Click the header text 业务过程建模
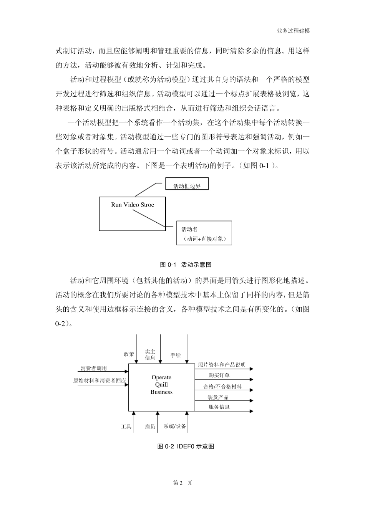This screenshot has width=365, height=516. tap(293, 31)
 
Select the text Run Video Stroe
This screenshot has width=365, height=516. tap(132, 205)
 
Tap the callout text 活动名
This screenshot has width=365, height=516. tap(189, 229)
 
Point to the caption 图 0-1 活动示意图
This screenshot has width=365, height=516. tap(186, 265)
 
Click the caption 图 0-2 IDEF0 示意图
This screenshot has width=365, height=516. tap(186, 446)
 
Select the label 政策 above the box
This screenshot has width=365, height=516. tap(129, 354)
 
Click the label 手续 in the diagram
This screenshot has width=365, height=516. tap(176, 355)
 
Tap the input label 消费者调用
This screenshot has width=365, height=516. tap(94, 368)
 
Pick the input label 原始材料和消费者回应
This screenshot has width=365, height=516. tap(100, 381)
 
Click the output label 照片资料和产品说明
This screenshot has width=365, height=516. tap(221, 365)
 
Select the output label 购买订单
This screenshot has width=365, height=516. tap(219, 375)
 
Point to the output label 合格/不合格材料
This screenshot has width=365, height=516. tap(222, 387)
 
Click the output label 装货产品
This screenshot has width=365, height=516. tap(218, 397)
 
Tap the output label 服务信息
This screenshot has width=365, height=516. tap(219, 407)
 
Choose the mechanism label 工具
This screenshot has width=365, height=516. tap(126, 427)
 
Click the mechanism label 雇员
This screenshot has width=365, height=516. tap(150, 427)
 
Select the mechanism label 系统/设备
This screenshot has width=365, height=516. tap(175, 426)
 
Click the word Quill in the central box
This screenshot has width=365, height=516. tap(161, 385)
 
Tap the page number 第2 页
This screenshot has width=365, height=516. tap(182, 483)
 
